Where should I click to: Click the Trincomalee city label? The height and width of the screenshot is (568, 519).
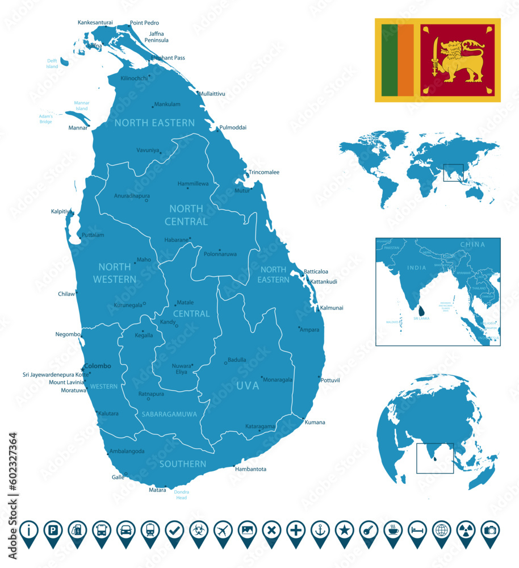263,172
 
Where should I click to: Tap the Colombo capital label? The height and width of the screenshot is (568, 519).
97,366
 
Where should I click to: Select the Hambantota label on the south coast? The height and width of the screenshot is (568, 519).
250,469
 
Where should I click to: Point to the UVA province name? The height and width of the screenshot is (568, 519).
248,386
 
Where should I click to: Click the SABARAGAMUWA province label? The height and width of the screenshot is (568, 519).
169,414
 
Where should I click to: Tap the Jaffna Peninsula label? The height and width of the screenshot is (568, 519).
156,37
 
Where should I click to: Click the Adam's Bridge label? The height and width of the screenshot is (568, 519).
45,119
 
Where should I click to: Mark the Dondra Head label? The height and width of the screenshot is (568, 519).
181,495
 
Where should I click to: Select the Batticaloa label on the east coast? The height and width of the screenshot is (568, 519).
316,272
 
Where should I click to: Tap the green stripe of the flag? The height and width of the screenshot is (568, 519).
390,60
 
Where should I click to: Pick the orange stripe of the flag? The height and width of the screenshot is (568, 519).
405,60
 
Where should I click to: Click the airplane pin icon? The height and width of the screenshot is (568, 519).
223,531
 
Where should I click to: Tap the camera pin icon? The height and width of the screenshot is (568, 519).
489,531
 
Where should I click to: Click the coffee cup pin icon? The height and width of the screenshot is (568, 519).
393,531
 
